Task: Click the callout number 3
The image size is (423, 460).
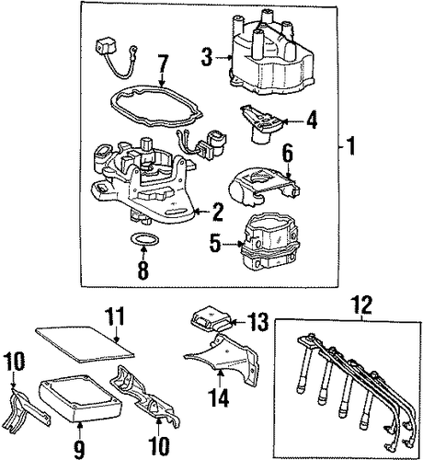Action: click(207, 57)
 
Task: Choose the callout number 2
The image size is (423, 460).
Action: click(217, 212)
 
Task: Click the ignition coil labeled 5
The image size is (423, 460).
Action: click(269, 242)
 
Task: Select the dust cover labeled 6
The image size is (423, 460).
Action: click(264, 186)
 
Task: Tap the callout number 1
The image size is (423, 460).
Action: click(350, 146)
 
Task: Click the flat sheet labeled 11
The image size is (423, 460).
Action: click(86, 344)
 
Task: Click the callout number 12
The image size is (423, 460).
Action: click(363, 305)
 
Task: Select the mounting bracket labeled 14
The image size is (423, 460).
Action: click(223, 359)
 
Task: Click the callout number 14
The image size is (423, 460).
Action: click(220, 397)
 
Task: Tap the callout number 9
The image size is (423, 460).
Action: click(79, 450)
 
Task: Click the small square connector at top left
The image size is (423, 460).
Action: click(103, 47)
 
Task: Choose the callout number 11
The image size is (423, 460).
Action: click(115, 316)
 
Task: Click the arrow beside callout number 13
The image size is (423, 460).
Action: click(238, 322)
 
